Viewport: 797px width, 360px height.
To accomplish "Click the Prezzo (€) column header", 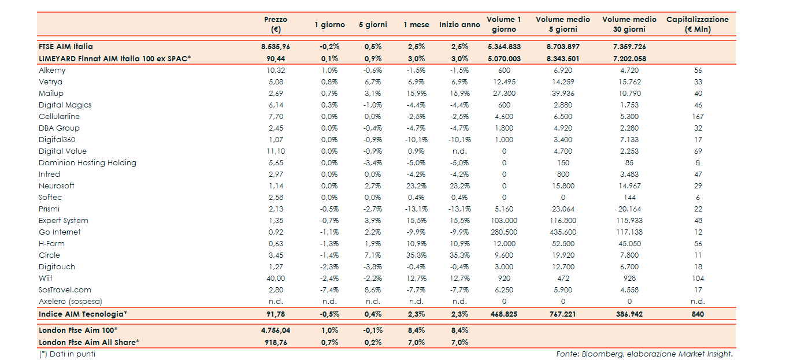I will pos(275,24).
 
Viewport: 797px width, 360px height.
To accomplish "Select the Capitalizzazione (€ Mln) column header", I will pos(697,24).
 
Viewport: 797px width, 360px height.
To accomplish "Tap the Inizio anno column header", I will pos(459,25).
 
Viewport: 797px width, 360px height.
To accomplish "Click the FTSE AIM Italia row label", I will pos(66,47).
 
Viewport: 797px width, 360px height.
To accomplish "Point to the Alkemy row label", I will pos(52,70).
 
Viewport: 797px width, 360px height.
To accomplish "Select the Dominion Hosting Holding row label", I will pos(87,163).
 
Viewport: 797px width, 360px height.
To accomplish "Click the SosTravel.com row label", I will pos(65,290).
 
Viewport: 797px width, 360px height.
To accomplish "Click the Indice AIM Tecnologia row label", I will pos(83,314).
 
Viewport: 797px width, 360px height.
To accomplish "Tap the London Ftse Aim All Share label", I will pos(89,342).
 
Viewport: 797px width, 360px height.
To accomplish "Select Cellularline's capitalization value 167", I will pos(698,117).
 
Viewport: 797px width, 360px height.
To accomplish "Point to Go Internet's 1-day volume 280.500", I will pos(504,232).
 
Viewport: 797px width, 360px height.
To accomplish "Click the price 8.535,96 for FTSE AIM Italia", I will pos(275,47).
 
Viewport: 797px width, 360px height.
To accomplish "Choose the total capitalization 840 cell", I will pos(698,314).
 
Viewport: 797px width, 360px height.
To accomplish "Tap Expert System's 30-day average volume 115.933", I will pos(629,221).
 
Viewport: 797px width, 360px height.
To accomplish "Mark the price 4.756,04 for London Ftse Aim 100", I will pos(275,330).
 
